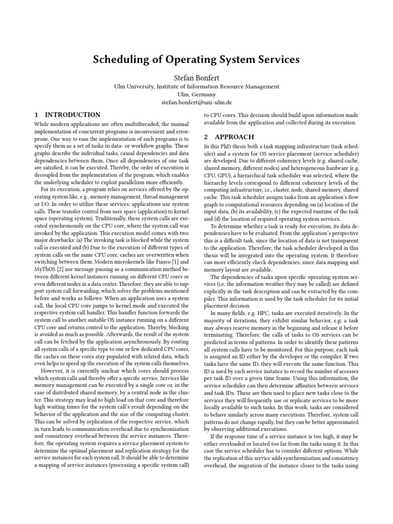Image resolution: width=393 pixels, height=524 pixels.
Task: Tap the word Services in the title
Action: pyautogui.click(x=276, y=60)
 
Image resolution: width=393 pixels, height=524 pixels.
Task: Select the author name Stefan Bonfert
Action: pyautogui.click(x=196, y=77)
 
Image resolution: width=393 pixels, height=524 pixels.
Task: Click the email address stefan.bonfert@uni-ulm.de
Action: pyautogui.click(x=196, y=102)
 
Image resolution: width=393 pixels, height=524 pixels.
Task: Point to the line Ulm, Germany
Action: pyautogui.click(x=196, y=95)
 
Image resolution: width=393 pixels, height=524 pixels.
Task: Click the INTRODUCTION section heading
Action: pyautogui.click(x=73, y=115)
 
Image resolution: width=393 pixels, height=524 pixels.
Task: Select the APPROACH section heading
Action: pyautogui.click(x=234, y=137)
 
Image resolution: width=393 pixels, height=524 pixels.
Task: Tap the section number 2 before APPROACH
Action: pyautogui.click(x=206, y=137)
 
